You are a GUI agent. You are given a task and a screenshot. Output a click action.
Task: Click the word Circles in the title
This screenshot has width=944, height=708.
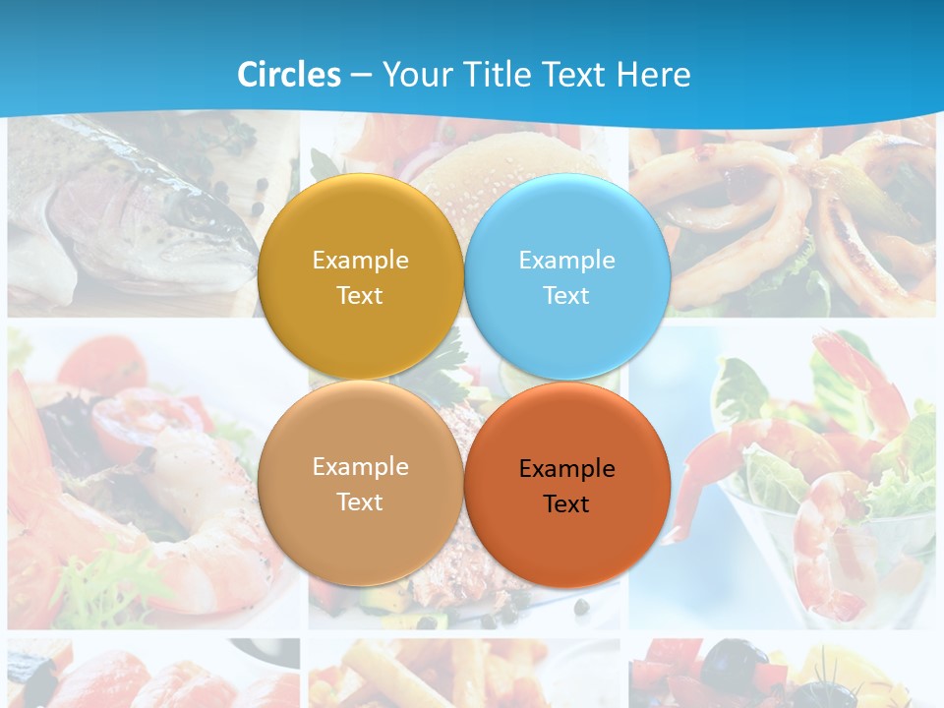[289, 75]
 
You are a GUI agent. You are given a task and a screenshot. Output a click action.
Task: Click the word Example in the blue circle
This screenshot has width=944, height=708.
[566, 261]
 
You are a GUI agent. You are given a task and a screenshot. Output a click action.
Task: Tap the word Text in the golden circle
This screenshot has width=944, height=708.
[360, 296]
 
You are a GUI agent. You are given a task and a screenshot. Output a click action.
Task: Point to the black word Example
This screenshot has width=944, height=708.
[566, 469]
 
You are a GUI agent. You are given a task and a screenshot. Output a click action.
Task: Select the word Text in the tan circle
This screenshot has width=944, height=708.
[360, 502]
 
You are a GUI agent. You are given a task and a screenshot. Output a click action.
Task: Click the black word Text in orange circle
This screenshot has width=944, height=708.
[566, 504]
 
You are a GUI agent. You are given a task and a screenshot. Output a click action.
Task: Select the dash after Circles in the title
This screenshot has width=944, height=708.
[361, 75]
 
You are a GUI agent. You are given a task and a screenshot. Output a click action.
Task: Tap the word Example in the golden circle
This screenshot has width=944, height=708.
[360, 261]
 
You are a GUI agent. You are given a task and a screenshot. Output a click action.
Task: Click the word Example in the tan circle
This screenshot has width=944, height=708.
[360, 467]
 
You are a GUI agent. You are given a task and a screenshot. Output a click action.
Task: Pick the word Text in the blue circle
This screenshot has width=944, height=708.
[566, 296]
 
